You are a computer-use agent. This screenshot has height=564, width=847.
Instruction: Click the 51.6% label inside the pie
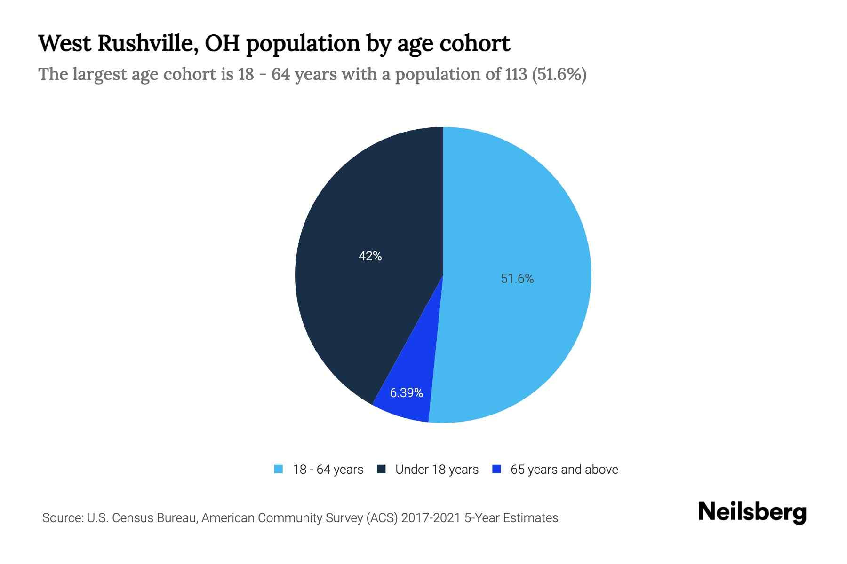(x=517, y=279)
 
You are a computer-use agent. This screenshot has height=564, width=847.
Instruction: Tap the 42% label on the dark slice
(x=370, y=256)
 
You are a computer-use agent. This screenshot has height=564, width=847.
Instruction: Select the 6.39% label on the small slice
(x=406, y=392)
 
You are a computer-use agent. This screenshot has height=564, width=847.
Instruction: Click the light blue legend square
(x=279, y=469)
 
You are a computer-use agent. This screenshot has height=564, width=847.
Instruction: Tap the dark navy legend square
(x=381, y=469)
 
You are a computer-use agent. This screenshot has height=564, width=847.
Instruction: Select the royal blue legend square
(x=496, y=469)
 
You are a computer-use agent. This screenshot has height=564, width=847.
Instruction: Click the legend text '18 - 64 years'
(x=328, y=470)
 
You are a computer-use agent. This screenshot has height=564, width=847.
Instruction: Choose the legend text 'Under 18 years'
(x=437, y=470)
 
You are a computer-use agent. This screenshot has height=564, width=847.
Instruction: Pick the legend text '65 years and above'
(x=564, y=470)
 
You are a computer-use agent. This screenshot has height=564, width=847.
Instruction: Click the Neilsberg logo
(x=752, y=512)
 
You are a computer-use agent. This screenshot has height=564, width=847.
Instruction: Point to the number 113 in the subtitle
(x=516, y=74)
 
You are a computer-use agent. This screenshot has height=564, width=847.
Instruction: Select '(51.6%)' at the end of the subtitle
(x=559, y=74)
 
